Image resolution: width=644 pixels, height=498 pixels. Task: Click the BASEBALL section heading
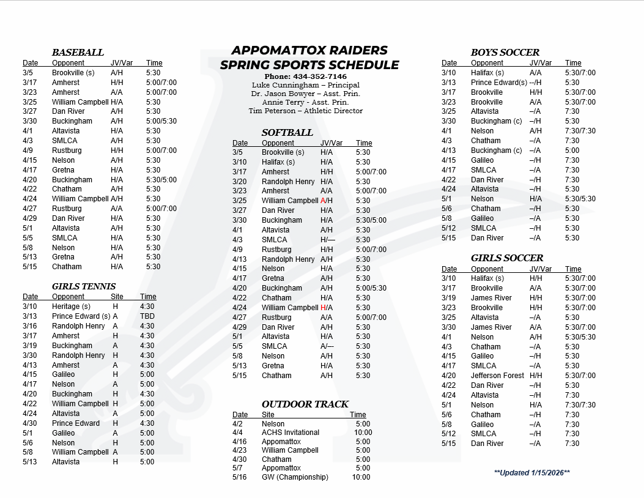click(x=78, y=53)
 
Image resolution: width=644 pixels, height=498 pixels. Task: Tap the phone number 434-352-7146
click(x=305, y=76)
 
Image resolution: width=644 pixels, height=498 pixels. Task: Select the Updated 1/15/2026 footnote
click(x=531, y=473)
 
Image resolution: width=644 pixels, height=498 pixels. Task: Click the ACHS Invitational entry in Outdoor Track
click(x=291, y=433)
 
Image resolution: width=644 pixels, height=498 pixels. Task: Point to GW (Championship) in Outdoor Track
click(x=295, y=477)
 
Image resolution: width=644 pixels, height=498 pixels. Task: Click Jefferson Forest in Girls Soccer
click(x=498, y=376)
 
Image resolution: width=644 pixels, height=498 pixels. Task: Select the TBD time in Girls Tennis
click(x=147, y=316)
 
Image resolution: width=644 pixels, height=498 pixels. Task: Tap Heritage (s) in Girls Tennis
click(x=71, y=307)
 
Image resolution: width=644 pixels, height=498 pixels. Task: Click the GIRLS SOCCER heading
click(x=506, y=258)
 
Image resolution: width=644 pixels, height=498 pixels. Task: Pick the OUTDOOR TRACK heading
click(x=305, y=404)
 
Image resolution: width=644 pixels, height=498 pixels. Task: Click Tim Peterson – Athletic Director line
click(x=305, y=111)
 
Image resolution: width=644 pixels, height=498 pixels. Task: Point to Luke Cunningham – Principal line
click(x=305, y=85)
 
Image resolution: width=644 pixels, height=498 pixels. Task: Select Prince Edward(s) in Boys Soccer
click(x=499, y=83)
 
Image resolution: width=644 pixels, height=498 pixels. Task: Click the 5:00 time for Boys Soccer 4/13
click(x=572, y=151)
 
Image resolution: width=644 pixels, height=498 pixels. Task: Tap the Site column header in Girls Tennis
click(x=117, y=297)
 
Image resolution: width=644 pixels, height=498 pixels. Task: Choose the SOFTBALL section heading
click(x=287, y=133)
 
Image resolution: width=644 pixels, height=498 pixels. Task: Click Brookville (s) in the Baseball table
click(x=73, y=73)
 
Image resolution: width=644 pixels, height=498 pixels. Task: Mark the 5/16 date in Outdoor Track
click(x=239, y=477)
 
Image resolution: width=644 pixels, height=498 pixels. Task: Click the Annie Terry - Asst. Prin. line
click(x=305, y=102)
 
